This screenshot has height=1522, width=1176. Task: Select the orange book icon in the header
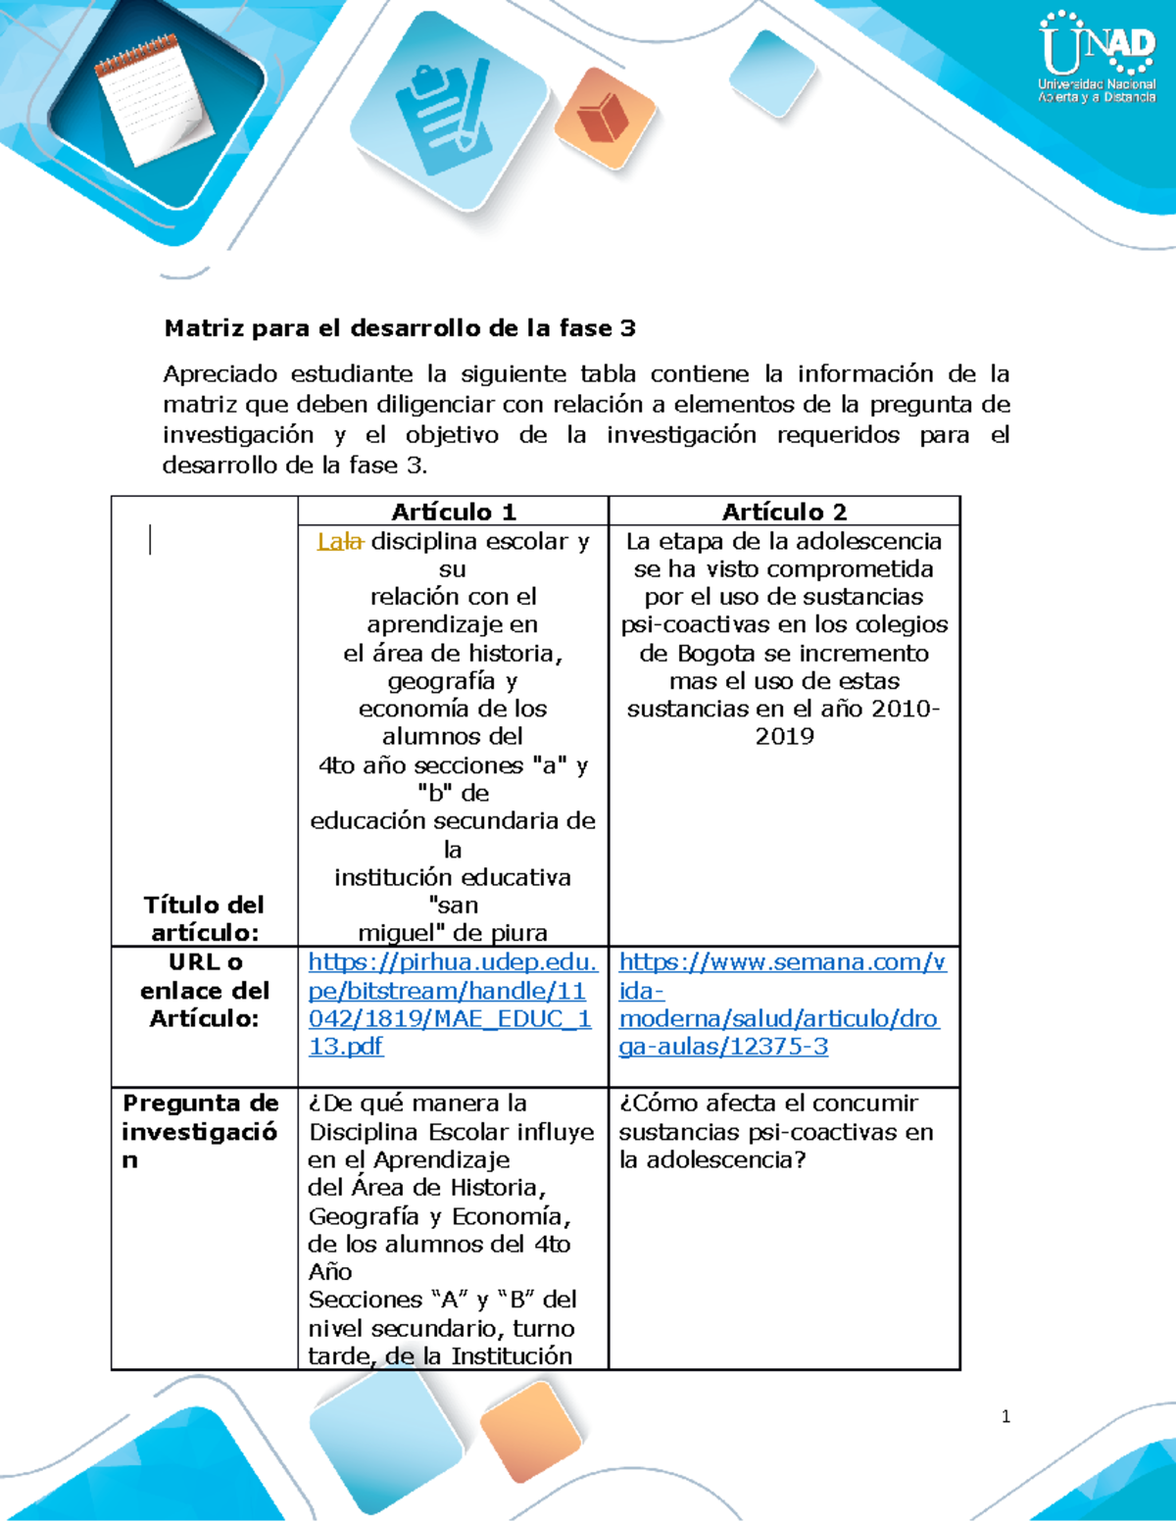click(604, 119)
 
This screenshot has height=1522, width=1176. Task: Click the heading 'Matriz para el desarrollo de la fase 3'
click(400, 328)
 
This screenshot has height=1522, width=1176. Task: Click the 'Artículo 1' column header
click(453, 512)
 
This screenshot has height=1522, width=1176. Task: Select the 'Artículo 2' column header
click(784, 512)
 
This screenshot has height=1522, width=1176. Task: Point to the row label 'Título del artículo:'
click(204, 918)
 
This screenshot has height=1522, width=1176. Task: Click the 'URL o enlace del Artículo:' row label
click(204, 990)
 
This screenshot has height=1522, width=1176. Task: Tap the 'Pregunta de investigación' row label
click(200, 1131)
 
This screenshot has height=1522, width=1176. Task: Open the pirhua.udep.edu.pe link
click(451, 1004)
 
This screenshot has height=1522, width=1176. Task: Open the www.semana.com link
click(781, 1004)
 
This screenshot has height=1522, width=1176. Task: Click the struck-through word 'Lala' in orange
click(340, 541)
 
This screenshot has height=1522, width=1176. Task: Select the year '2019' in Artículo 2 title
click(784, 736)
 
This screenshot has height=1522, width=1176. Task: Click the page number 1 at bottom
click(1005, 1416)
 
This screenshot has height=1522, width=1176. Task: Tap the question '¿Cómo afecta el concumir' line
click(768, 1104)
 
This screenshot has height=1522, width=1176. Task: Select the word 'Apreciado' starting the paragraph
click(219, 373)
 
